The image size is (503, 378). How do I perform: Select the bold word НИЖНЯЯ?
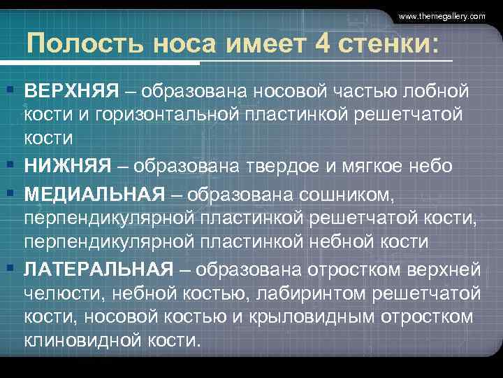click(68, 165)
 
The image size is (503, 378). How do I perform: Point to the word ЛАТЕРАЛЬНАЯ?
click(99, 268)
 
